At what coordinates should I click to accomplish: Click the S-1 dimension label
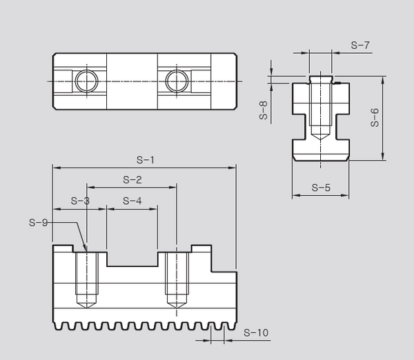tap(144, 160)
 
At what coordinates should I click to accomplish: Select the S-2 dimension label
tap(132, 180)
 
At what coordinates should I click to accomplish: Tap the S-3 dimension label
tap(81, 201)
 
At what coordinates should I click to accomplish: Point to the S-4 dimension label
tap(132, 201)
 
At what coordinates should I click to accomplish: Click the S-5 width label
tap(321, 188)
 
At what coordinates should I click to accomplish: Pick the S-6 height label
tap(375, 118)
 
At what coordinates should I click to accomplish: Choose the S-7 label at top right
tap(359, 46)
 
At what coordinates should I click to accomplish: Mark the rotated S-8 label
tap(263, 110)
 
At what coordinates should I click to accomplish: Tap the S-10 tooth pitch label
tap(256, 333)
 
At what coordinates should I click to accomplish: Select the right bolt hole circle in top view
tap(175, 81)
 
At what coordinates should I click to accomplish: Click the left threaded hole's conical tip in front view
tap(86, 305)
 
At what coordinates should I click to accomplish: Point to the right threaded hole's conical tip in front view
tap(177, 305)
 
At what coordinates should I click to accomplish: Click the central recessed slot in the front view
tap(132, 260)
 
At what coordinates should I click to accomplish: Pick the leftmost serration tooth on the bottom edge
tap(57, 324)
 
